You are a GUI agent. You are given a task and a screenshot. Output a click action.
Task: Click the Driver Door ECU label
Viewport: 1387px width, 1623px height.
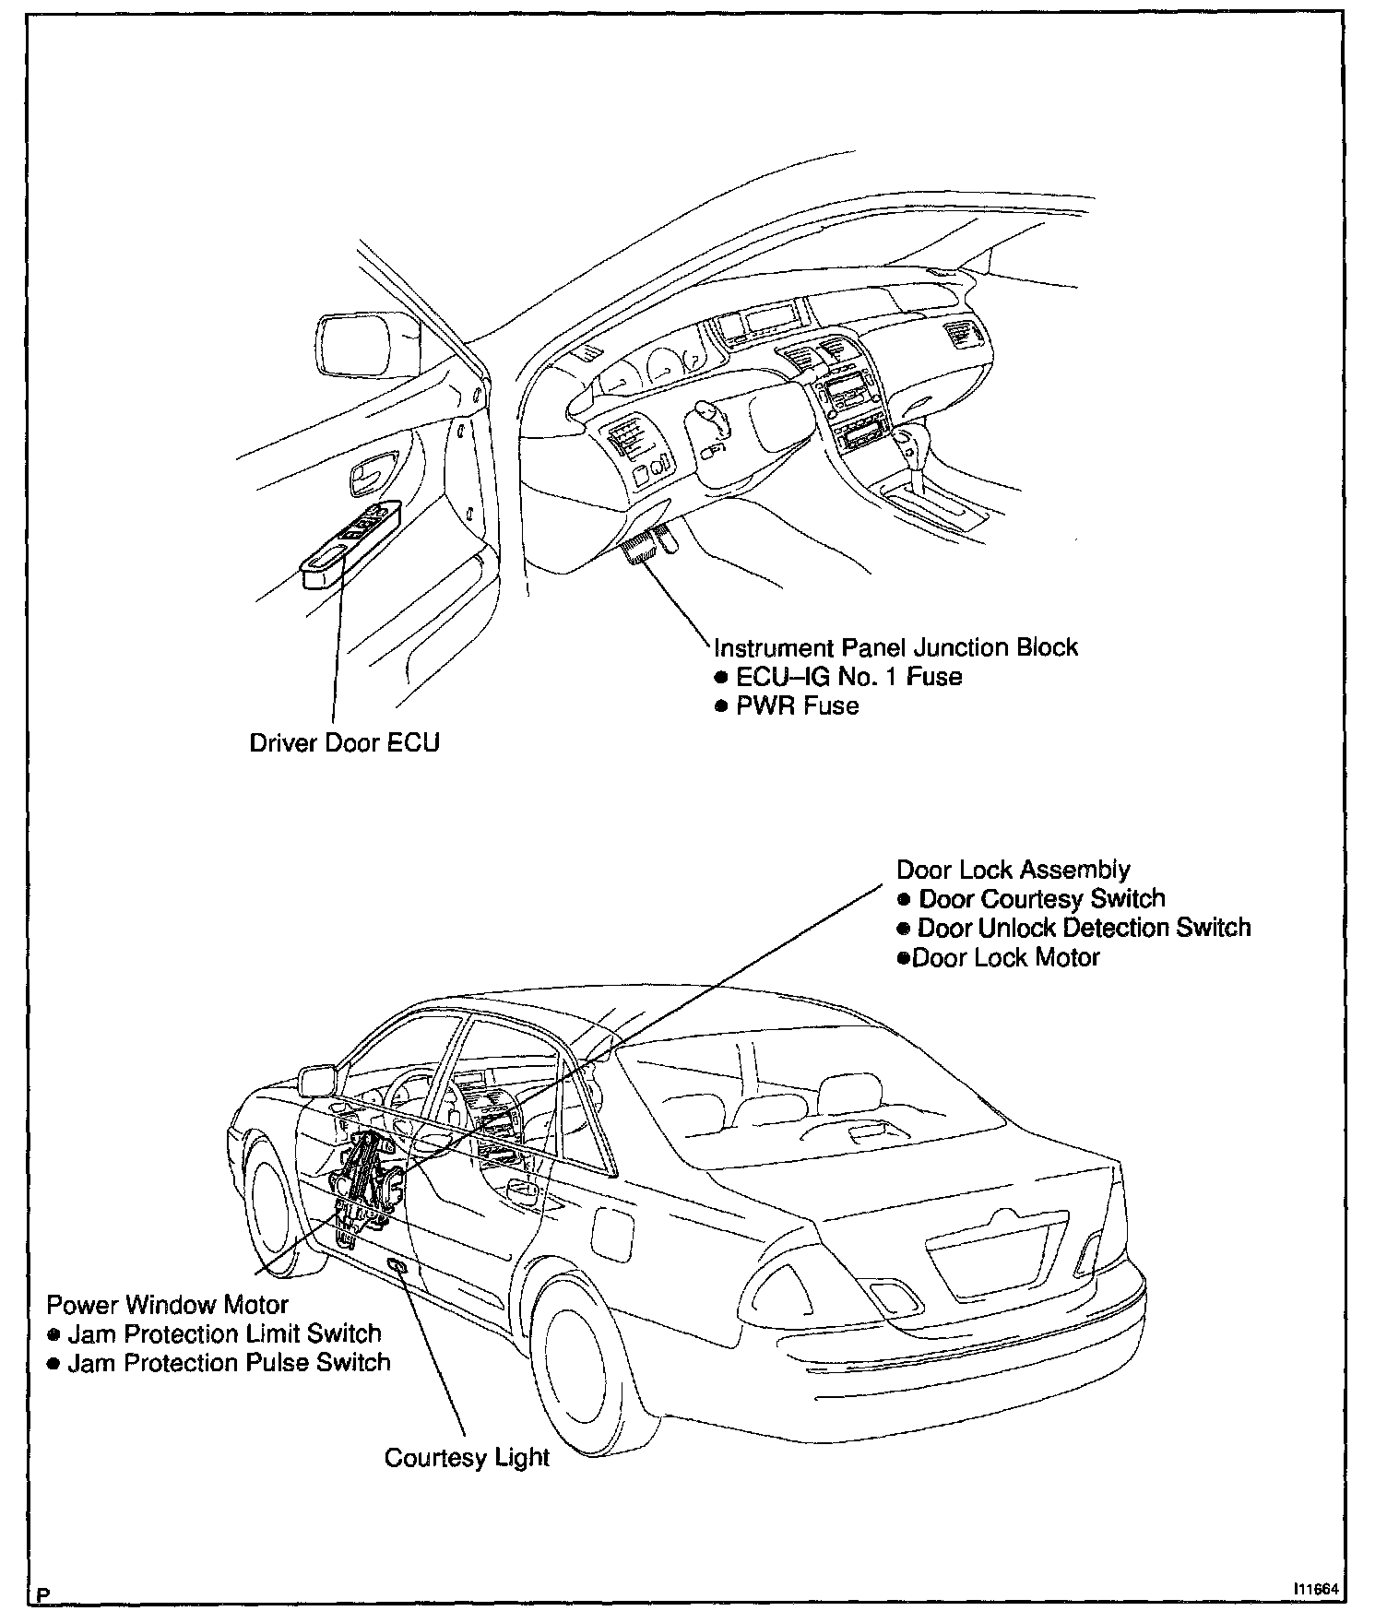pos(345,742)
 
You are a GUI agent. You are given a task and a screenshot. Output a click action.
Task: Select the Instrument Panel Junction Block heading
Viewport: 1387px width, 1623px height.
pos(896,647)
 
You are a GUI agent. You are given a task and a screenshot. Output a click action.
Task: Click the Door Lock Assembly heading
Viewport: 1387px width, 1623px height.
pos(1014,870)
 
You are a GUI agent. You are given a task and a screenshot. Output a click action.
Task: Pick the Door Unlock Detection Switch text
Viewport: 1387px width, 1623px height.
pos(1084,928)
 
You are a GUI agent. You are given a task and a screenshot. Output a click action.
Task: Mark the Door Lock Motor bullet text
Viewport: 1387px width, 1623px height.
pos(1005,957)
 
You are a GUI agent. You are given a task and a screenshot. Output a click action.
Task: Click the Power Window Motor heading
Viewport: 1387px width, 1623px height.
pos(167,1305)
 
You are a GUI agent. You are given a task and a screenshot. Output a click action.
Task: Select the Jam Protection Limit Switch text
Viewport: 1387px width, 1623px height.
pos(224,1333)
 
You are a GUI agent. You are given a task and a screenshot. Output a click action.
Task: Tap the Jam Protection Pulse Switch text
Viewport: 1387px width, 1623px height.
pos(229,1363)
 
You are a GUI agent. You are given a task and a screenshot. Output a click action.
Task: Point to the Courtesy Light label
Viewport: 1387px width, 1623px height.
pos(467,1458)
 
